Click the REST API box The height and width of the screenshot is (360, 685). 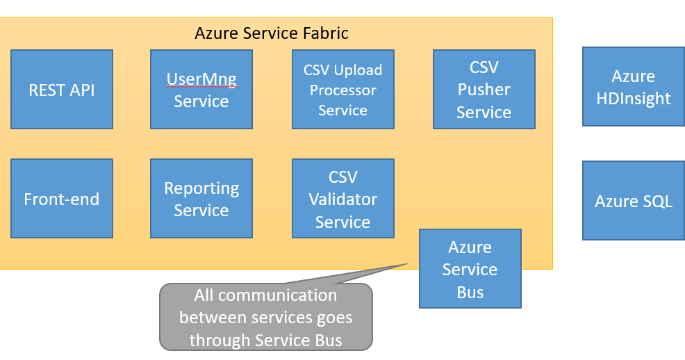(x=62, y=90)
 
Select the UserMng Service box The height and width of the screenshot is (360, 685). (x=201, y=90)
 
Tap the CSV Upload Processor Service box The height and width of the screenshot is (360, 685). (x=342, y=90)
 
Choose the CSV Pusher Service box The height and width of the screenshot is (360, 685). (x=484, y=90)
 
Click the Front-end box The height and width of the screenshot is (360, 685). (x=62, y=199)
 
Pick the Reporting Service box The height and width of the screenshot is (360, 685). (x=201, y=199)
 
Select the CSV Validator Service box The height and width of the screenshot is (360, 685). (x=342, y=199)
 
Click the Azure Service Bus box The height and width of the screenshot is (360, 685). (x=470, y=269)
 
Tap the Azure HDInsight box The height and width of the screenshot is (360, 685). (x=633, y=87)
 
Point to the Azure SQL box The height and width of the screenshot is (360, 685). (x=633, y=202)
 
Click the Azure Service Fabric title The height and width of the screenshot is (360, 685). (x=271, y=33)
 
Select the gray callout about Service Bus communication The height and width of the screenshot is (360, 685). (x=265, y=318)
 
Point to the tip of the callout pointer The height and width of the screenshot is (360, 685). (x=407, y=263)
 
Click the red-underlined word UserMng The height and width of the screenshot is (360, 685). (x=201, y=79)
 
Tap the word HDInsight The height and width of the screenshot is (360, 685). (x=633, y=98)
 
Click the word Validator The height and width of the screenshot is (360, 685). (x=342, y=199)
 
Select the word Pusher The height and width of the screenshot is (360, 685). (x=484, y=90)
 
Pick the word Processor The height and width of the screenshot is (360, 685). (x=342, y=90)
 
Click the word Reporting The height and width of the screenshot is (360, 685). (x=201, y=188)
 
